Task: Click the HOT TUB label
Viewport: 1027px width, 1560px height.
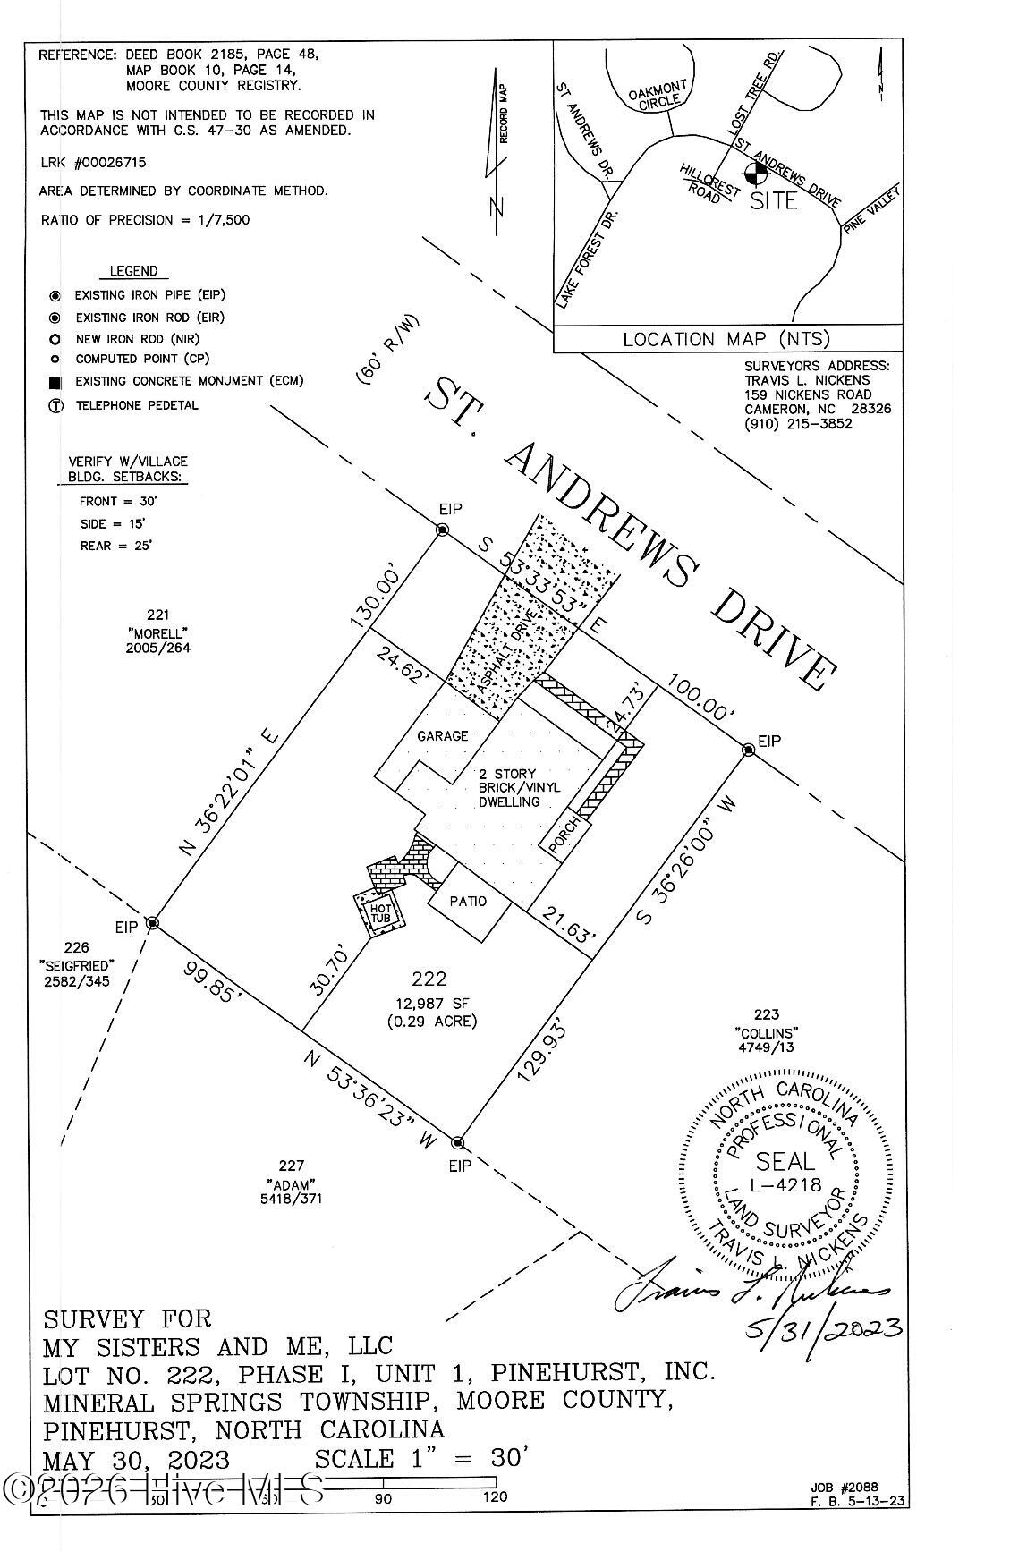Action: click(x=378, y=913)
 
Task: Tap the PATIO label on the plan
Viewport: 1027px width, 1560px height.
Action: click(x=468, y=901)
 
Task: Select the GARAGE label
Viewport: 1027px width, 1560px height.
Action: click(x=443, y=735)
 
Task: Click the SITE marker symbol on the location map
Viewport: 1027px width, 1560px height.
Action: click(x=755, y=170)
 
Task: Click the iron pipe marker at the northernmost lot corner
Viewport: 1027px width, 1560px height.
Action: click(x=442, y=530)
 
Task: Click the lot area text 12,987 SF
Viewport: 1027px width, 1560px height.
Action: click(x=429, y=1003)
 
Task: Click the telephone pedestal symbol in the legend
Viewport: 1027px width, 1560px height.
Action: click(x=55, y=405)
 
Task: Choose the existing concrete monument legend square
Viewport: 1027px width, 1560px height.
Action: click(x=55, y=382)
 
